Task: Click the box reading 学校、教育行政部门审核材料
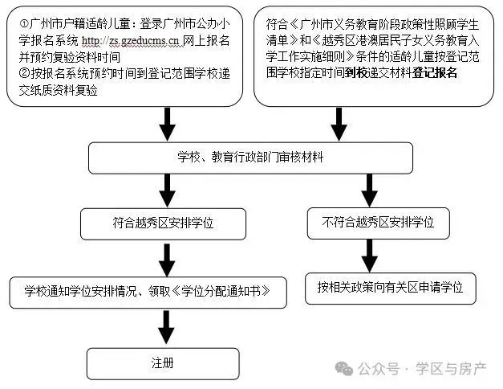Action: point(260,158)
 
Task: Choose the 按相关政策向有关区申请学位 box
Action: point(390,286)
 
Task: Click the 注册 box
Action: point(163,362)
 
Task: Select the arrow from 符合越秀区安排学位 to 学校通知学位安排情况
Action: point(167,257)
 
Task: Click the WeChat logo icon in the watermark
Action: point(344,368)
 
